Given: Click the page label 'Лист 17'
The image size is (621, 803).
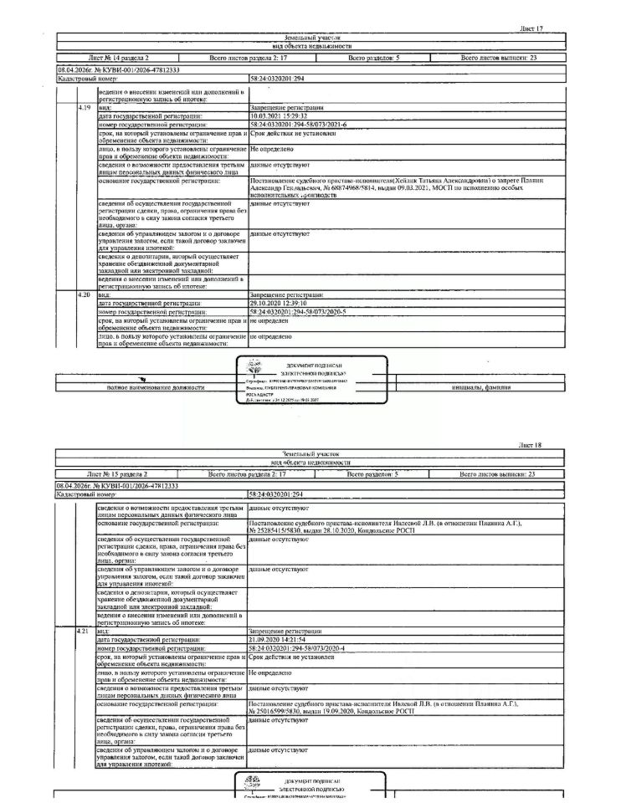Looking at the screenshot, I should coord(531,28).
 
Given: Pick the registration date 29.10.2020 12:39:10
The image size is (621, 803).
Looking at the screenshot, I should coord(279,303).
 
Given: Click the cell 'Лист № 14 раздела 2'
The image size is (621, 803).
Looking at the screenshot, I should coord(115,59).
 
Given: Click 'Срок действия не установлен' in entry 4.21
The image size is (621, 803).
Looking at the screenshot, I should coord(292,657).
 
